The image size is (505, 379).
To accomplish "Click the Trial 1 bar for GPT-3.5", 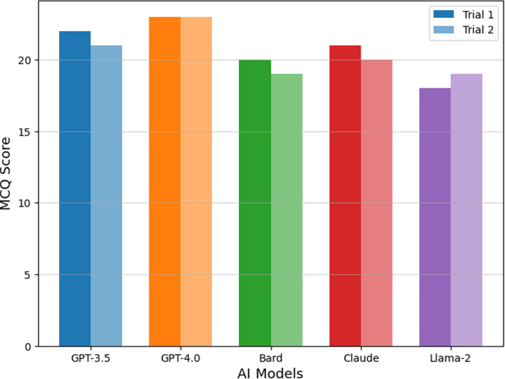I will (x=74, y=189).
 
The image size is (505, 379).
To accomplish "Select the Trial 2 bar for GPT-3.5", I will (x=106, y=195).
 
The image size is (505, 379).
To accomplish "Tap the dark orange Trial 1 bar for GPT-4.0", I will (x=164, y=181).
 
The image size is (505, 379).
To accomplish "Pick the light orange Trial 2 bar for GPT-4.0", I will (x=196, y=181).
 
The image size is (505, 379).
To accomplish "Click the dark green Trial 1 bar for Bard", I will (x=255, y=203).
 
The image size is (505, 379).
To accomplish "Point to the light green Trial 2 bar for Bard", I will (x=287, y=210).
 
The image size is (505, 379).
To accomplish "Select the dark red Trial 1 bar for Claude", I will (x=345, y=195).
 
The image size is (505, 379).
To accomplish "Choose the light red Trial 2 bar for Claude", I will (x=377, y=203).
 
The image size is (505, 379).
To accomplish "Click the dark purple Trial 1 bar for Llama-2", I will (x=435, y=217).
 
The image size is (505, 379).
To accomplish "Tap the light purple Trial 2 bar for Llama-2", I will (x=467, y=210).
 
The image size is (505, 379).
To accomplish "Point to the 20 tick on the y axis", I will (x=26, y=60).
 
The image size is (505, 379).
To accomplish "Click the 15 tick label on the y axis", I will (x=26, y=132).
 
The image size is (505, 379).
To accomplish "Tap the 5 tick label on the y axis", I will (x=29, y=275).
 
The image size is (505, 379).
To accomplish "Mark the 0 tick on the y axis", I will (x=29, y=347).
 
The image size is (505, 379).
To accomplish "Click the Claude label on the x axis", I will (x=361, y=358).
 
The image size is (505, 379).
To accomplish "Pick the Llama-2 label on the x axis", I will (x=450, y=358).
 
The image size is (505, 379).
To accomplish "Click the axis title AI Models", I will (x=270, y=372).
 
